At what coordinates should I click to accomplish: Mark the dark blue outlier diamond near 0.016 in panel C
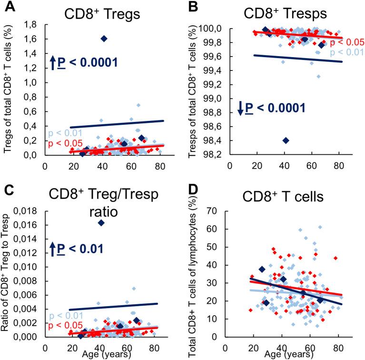coord(101,222)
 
